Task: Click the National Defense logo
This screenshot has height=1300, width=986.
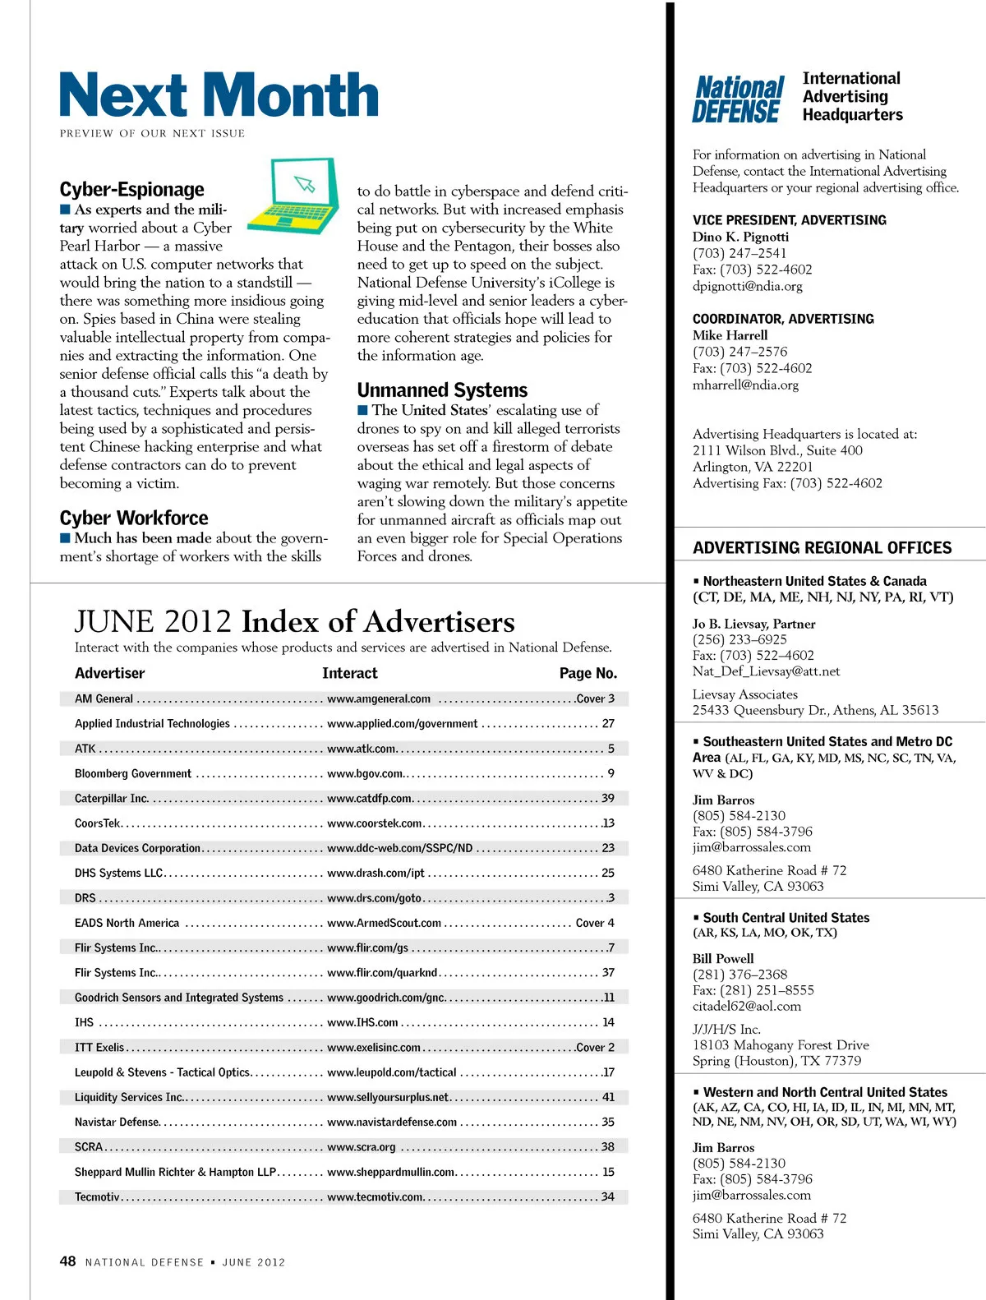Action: [x=738, y=99]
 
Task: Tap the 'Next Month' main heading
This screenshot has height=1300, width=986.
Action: [x=219, y=95]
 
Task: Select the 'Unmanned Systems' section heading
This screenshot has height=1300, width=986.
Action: [x=442, y=390]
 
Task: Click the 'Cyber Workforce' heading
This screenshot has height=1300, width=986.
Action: [x=134, y=519]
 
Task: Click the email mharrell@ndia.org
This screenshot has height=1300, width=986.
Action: [x=745, y=385]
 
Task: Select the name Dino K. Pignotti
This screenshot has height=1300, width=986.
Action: [x=740, y=237]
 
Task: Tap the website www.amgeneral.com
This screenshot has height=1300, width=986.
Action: [x=379, y=699]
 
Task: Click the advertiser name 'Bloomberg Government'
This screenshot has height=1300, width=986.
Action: [x=133, y=774]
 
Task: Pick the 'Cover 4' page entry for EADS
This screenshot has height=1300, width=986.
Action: [x=595, y=924]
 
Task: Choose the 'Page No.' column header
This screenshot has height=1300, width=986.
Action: [x=587, y=674]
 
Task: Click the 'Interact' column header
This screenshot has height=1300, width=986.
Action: [x=350, y=674]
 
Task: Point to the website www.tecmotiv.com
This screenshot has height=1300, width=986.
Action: [x=375, y=1197]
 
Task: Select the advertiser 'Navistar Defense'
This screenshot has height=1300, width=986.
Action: [x=117, y=1123]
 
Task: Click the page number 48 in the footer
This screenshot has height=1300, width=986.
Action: [x=67, y=1261]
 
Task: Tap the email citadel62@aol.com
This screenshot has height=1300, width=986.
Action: [x=746, y=1007]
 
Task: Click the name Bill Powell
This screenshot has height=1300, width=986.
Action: [x=723, y=959]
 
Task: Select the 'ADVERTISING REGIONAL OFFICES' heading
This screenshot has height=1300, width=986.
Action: [x=822, y=548]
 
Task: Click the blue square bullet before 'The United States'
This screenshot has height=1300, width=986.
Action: [x=363, y=410]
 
